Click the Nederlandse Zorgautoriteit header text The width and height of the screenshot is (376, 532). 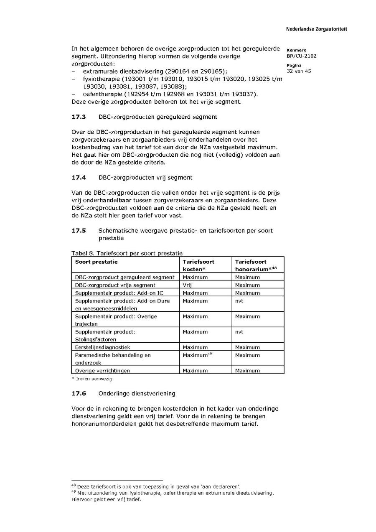(x=316, y=29)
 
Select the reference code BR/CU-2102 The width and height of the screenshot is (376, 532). (x=301, y=56)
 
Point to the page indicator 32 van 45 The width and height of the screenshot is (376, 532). (x=299, y=71)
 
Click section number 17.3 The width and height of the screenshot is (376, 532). (x=79, y=117)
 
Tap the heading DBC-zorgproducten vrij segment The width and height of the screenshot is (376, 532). (x=145, y=178)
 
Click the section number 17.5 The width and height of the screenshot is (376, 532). (x=79, y=231)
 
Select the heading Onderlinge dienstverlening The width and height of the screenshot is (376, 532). (x=137, y=394)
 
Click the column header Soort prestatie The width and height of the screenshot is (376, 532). (x=97, y=262)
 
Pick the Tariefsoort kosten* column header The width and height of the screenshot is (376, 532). (x=198, y=265)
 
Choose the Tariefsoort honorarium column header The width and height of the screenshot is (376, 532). (x=256, y=265)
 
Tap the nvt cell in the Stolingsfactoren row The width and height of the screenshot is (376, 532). (x=239, y=332)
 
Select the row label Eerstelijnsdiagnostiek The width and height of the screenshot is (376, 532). (x=103, y=347)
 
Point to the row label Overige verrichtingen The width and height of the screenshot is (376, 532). (x=102, y=371)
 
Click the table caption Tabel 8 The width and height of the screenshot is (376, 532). (x=83, y=253)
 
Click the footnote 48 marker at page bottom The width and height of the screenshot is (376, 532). (x=74, y=486)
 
